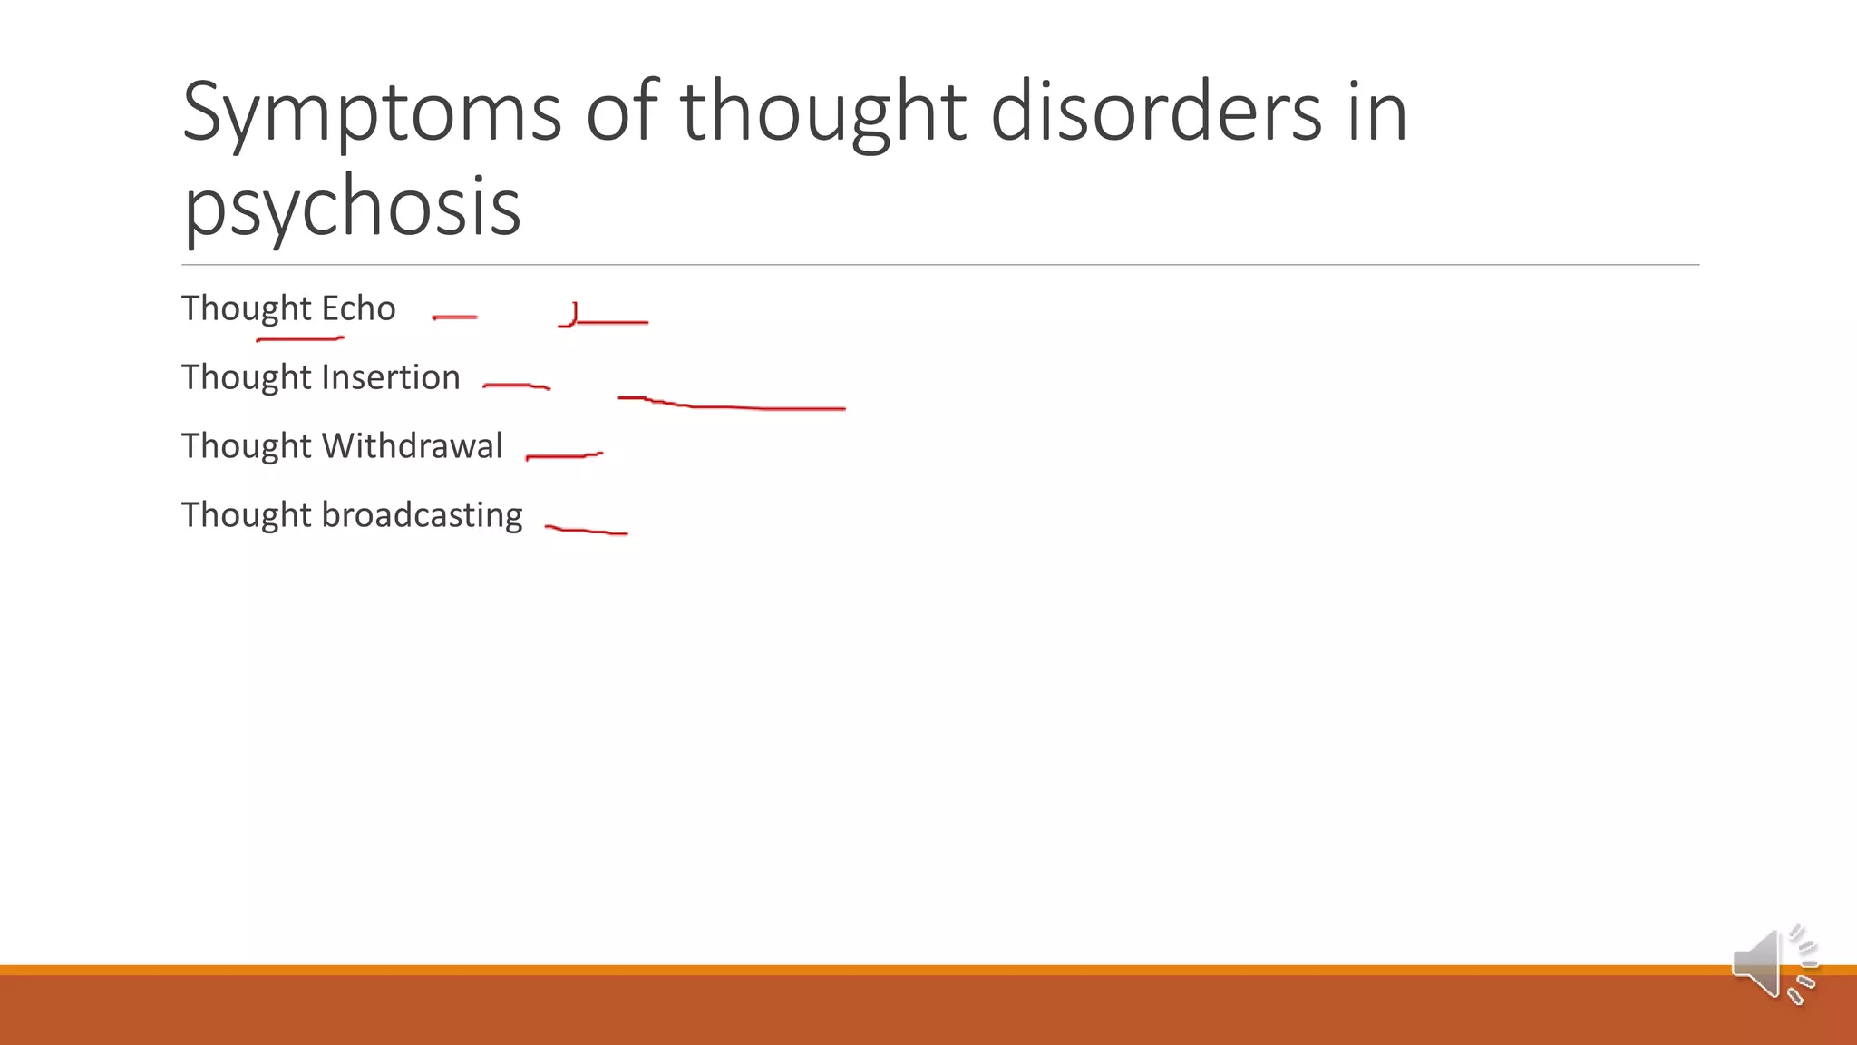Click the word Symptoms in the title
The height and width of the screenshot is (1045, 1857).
372,113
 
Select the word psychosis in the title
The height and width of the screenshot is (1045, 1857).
352,207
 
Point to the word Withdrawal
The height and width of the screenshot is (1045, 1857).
412,446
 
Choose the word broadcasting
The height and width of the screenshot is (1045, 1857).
422,515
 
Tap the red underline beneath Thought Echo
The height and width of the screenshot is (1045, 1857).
300,339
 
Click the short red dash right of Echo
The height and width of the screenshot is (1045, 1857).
455,317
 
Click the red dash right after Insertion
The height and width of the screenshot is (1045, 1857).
516,386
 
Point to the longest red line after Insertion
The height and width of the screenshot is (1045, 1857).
734,406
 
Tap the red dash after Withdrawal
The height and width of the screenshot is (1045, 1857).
564,455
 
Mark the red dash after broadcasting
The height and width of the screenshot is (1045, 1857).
586,530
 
